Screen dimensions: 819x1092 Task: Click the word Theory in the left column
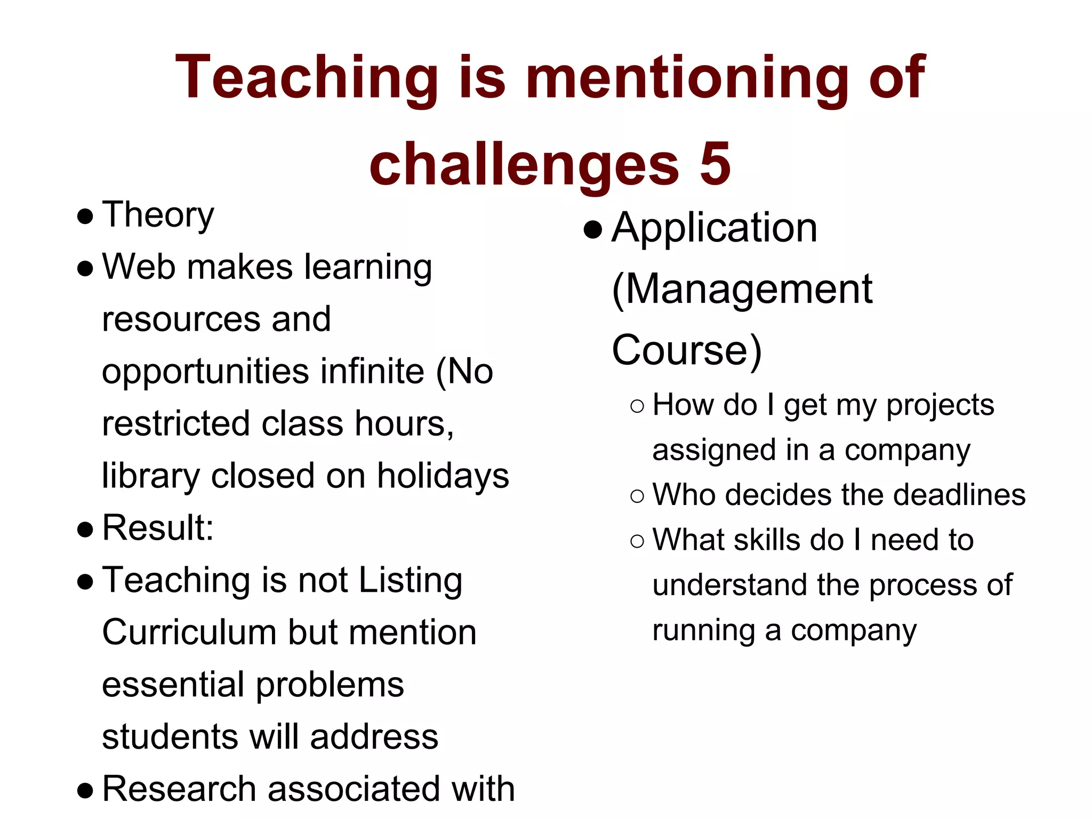[158, 215]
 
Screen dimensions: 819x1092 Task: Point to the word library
[151, 476]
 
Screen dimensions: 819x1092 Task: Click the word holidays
[443, 476]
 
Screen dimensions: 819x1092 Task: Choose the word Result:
[158, 528]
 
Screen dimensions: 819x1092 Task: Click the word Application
[714, 228]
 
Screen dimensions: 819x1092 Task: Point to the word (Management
[742, 290]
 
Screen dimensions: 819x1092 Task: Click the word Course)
[687, 350]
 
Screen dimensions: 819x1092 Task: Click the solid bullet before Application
[593, 230]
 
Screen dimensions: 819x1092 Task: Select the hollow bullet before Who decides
[637, 496]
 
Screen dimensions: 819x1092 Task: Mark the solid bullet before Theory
[85, 216]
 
